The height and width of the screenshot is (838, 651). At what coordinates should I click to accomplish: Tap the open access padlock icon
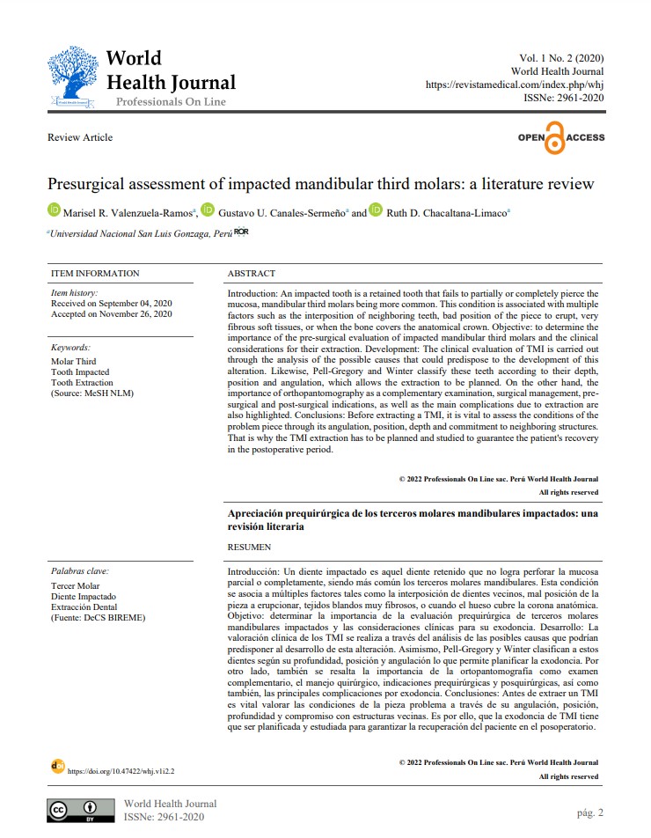pos(554,139)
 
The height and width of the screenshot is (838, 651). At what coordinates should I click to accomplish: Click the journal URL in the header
pos(515,85)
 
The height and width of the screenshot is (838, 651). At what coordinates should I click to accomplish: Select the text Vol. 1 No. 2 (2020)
pos(560,58)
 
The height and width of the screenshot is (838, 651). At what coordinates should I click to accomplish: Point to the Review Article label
pos(80,137)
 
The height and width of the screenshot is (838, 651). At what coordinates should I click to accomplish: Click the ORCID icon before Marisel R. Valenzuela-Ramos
pos(54,211)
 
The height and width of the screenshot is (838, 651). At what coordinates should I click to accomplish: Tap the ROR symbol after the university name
pos(242,232)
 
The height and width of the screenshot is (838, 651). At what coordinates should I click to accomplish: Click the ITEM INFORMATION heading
pos(95,274)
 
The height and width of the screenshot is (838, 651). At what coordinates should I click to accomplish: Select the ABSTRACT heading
pos(251,274)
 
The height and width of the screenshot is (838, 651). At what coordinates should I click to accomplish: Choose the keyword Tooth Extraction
pos(82,383)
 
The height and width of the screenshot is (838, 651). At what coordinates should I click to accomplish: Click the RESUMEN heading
pos(251,547)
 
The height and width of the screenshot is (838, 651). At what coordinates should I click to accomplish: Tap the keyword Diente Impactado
pos(84,596)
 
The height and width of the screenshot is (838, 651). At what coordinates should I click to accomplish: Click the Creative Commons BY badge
pos(81,810)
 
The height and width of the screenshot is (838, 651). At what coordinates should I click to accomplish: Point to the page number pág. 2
pos(586,812)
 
